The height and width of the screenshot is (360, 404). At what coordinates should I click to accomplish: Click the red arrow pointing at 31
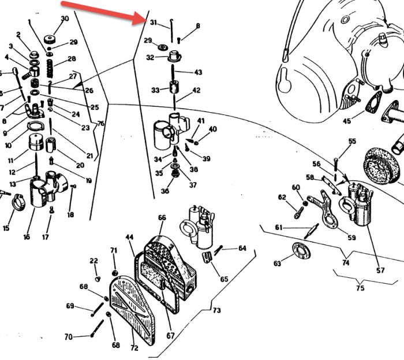click(x=104, y=12)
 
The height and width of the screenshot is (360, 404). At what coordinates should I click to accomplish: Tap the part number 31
click(x=153, y=23)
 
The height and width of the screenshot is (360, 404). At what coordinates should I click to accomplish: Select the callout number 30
click(x=65, y=18)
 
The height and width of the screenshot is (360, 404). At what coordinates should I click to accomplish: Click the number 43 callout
click(x=198, y=72)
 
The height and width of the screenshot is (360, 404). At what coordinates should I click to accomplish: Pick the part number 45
click(x=346, y=121)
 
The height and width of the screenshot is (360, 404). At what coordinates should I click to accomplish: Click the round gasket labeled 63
click(x=299, y=253)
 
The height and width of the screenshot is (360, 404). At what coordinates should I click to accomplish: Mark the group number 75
click(x=361, y=287)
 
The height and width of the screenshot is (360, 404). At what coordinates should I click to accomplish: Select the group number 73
click(x=216, y=310)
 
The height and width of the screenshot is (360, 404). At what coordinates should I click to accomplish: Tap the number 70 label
click(x=69, y=337)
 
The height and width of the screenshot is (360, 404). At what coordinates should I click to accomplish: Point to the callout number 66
click(x=162, y=217)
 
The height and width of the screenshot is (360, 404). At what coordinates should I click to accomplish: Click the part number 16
click(x=27, y=237)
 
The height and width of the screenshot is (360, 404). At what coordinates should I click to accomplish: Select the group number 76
click(x=100, y=124)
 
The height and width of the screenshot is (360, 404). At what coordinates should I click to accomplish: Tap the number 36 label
click(x=166, y=191)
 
